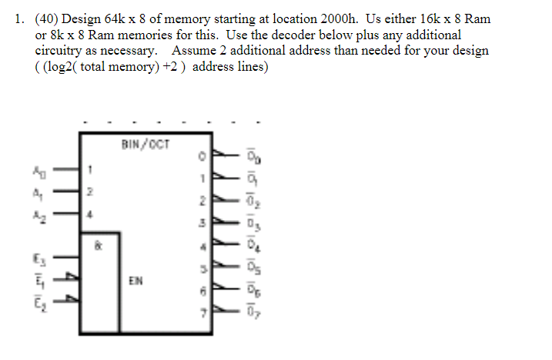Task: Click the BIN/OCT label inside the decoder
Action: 146,144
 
